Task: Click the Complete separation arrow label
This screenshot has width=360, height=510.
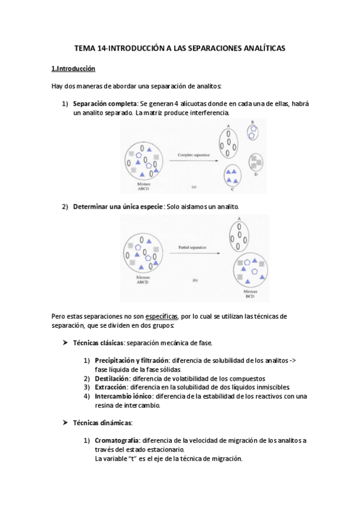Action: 194,155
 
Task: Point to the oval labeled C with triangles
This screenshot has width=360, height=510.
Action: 231,176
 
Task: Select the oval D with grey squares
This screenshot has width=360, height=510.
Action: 256,161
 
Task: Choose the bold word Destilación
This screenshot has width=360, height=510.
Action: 112,378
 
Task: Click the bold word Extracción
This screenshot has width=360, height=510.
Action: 111,387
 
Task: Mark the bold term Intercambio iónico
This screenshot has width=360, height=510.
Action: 123,396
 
